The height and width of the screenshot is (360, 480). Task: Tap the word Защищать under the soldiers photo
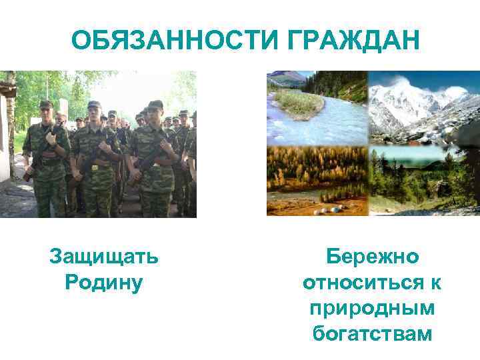[x=104, y=256]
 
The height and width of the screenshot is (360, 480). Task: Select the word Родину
[x=104, y=281]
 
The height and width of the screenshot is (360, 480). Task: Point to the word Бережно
[x=372, y=256]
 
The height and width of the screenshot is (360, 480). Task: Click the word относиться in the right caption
[x=360, y=282]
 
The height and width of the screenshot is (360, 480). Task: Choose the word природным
[x=372, y=307]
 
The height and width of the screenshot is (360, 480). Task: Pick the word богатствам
[x=372, y=333]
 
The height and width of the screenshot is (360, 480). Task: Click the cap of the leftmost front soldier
[x=45, y=105]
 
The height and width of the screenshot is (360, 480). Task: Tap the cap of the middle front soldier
[x=94, y=105]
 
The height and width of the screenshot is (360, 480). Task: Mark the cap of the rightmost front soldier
[x=155, y=105]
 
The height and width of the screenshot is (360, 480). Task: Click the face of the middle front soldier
[x=95, y=115]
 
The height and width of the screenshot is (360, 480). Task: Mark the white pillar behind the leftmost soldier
[x=63, y=110]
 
